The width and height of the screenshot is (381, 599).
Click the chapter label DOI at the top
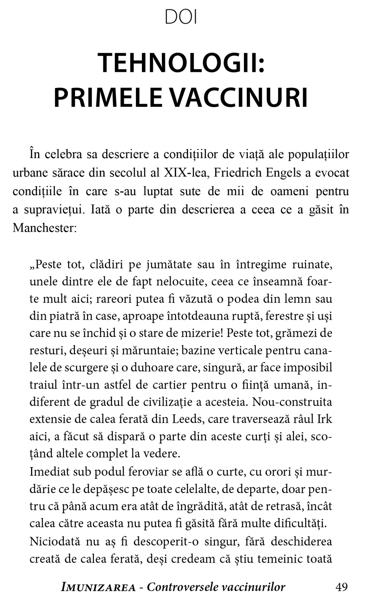181,18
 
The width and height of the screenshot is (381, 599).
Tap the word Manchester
44,228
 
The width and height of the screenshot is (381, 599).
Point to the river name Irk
324,419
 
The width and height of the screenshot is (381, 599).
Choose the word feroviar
142,471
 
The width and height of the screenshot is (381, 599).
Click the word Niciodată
54,542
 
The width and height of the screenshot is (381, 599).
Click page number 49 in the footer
341,587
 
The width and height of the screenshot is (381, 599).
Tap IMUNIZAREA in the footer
99,587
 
